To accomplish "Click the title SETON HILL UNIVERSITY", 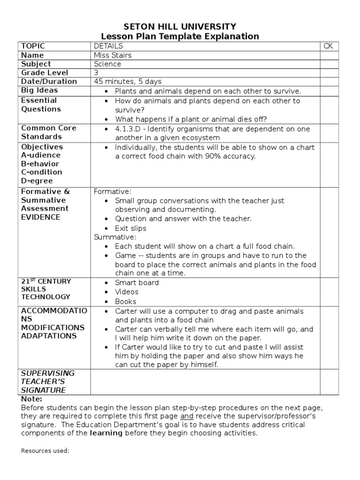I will [x=180, y=26].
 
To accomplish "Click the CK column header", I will [x=328, y=46].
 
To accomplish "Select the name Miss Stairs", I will [x=112, y=55].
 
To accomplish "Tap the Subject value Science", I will [x=107, y=64].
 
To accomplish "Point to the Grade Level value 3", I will [x=96, y=73].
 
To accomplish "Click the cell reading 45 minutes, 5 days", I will [x=125, y=82].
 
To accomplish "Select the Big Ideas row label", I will [x=39, y=90].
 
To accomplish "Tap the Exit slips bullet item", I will [x=131, y=228].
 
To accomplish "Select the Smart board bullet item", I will [x=137, y=283].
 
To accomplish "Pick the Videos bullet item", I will [x=127, y=292].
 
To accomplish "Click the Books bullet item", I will [x=126, y=301].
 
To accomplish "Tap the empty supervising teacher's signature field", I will [x=205, y=382].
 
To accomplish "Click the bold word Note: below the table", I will [x=31, y=399].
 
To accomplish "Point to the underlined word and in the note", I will [x=187, y=416].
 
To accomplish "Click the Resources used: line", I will [x=45, y=451].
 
